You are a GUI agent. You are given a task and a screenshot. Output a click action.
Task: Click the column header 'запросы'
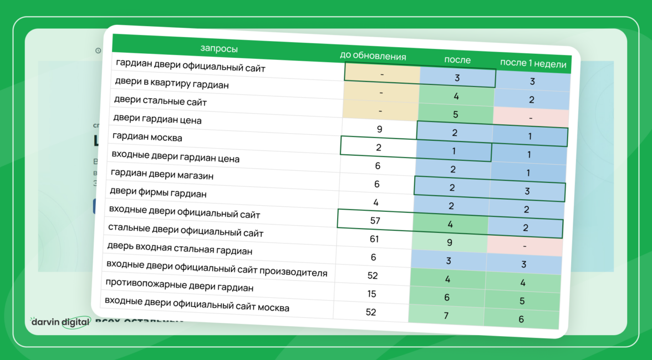coord(219,49)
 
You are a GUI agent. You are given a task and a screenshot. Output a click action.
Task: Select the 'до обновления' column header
coord(373,56)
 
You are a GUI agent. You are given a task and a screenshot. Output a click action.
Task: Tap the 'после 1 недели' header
coord(533,63)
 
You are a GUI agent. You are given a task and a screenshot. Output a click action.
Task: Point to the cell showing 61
coord(374,239)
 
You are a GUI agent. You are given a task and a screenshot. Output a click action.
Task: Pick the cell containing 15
coord(371,293)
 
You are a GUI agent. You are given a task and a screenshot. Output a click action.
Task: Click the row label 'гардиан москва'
coord(147,136)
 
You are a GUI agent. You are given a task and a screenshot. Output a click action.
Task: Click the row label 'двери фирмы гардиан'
coord(158,192)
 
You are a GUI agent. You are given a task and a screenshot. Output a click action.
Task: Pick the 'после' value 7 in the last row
coord(446,316)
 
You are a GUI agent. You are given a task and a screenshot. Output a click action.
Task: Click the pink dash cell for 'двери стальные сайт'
coord(531,118)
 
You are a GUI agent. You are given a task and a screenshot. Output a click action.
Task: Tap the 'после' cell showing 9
coord(450,242)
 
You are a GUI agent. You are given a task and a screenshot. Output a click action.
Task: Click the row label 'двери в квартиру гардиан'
coord(172,84)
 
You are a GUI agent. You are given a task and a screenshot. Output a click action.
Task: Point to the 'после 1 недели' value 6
coord(521,319)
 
